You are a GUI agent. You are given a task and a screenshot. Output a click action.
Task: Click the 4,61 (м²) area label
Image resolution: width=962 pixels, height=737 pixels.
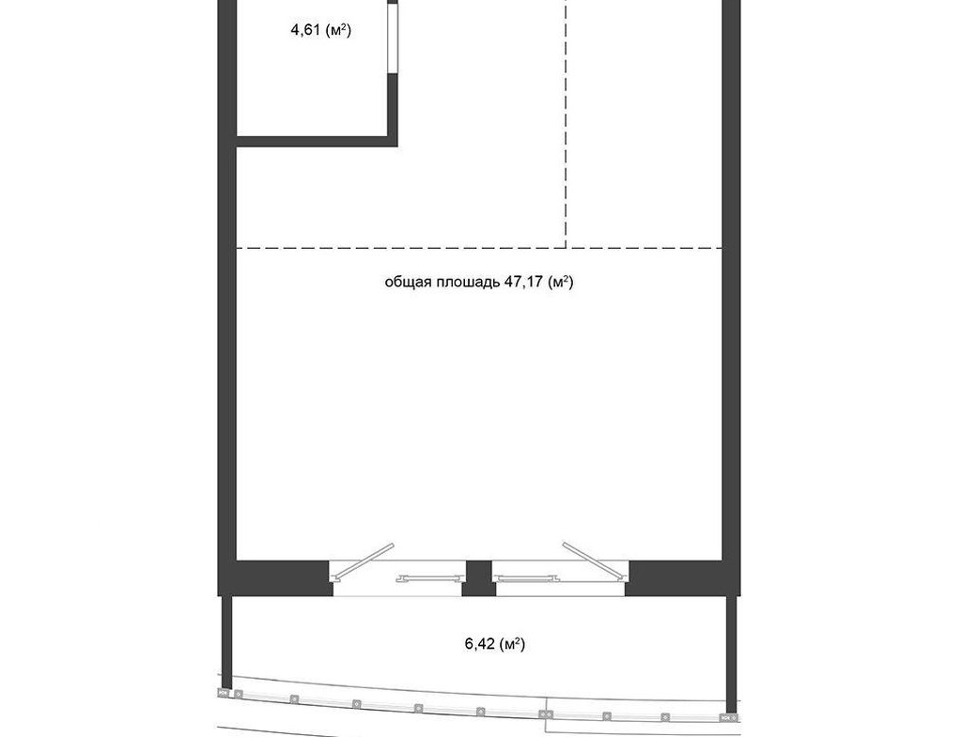point(321,29)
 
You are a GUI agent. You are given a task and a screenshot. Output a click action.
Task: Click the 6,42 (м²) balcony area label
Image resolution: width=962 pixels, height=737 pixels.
point(495,644)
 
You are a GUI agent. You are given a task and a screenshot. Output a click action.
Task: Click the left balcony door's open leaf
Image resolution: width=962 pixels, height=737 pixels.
point(362,561)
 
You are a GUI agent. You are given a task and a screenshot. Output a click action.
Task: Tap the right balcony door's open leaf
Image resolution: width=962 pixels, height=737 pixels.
point(595,561)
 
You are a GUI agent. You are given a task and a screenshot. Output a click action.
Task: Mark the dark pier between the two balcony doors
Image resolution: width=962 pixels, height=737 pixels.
point(478,578)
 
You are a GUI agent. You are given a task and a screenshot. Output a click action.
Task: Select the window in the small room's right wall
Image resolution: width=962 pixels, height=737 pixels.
point(393,39)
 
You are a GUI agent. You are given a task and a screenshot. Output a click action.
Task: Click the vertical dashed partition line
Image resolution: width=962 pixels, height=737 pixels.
point(566,124)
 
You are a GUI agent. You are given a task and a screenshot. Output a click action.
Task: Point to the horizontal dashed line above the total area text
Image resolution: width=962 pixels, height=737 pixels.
point(479,248)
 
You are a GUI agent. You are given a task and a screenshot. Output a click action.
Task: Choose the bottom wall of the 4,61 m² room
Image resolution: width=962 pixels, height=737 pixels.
point(317,142)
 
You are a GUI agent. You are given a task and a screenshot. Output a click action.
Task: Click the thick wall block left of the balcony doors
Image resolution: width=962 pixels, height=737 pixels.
point(276,578)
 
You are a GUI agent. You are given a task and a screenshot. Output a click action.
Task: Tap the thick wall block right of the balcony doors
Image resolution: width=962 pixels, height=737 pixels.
point(682,578)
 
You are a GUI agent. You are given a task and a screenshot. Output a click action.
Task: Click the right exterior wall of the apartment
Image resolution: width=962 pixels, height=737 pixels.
point(731,288)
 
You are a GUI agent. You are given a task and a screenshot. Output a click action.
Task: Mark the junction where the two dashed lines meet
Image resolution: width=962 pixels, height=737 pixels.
point(566,248)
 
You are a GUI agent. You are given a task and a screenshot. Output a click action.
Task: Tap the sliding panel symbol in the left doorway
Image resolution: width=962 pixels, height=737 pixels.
point(430,577)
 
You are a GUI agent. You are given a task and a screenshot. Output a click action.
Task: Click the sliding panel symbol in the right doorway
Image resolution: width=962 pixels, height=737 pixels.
point(525,577)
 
